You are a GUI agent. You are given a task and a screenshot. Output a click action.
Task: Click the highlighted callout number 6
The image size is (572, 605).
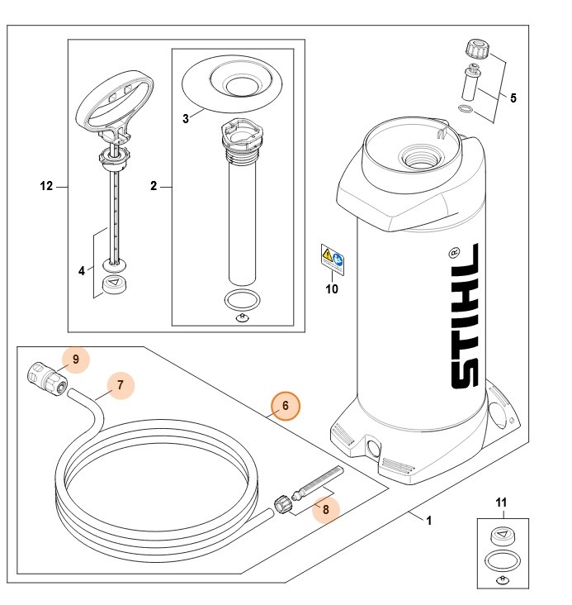286,406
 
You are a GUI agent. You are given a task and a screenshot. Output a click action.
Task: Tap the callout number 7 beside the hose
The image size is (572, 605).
120,384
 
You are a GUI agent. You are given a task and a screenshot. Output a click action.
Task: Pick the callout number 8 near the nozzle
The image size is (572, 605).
325,509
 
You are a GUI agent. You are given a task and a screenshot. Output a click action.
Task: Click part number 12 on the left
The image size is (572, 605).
46,187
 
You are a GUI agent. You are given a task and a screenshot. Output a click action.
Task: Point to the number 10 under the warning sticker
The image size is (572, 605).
331,289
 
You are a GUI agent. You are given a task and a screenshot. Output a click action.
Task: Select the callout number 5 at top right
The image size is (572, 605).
513,98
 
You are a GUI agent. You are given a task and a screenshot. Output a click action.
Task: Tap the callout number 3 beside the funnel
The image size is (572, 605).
186,118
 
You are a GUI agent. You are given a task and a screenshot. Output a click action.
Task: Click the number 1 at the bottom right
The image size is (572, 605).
428,522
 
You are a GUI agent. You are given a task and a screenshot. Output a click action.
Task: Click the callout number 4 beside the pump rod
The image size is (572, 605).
82,269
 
